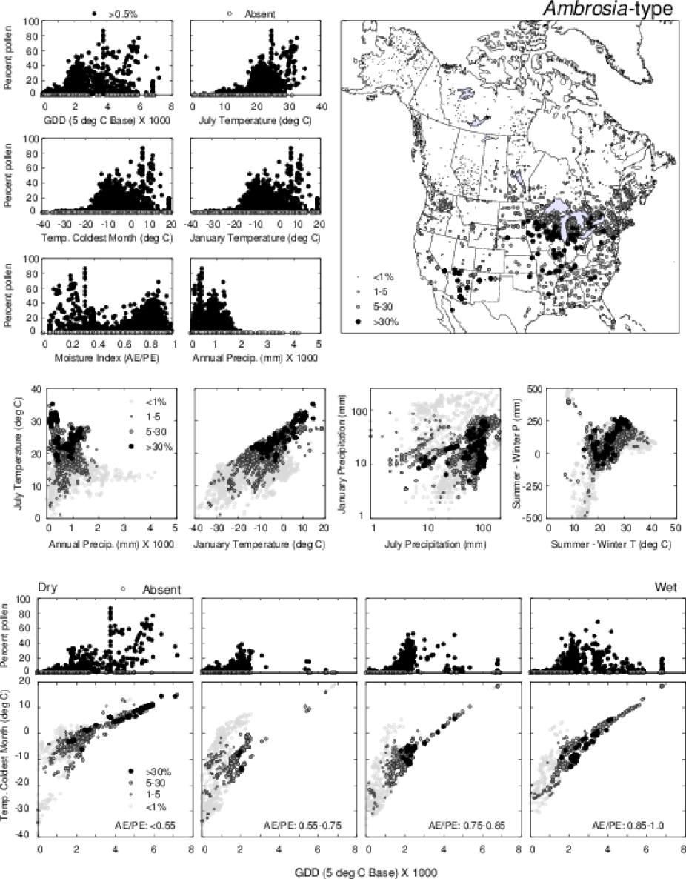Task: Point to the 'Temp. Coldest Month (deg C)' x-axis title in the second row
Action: pos(109,237)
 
